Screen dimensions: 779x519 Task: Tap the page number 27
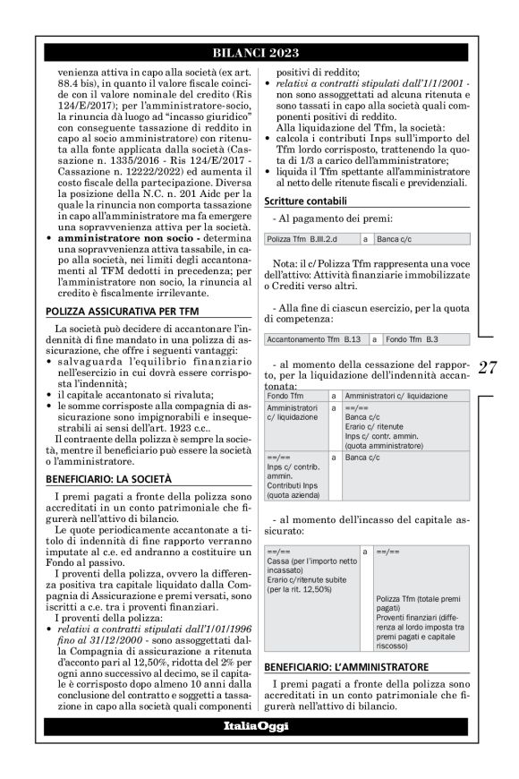(489, 367)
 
